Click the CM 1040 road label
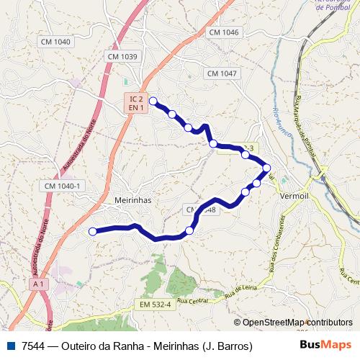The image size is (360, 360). click(57, 42)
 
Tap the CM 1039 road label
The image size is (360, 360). click(122, 56)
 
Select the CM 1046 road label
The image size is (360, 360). click(223, 32)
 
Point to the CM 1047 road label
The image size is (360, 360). click(221, 73)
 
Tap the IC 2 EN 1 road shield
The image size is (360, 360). click(136, 102)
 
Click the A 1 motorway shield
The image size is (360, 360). click(39, 285)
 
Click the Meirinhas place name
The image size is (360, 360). click(133, 201)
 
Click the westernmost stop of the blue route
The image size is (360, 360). click(92, 231)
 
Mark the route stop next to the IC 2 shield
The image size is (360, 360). click(153, 102)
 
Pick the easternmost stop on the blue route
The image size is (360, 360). click(266, 168)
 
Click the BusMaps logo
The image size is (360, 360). click(328, 346)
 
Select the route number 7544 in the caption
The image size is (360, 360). click(31, 346)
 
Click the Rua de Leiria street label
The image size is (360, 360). click(240, 291)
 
